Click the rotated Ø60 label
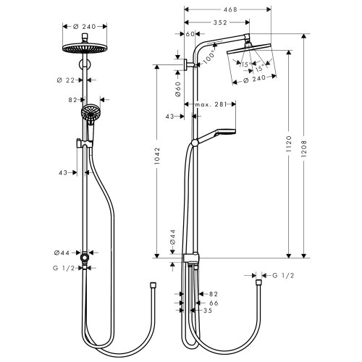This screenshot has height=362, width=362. point(177,90)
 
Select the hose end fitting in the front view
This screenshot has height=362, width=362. point(152,286)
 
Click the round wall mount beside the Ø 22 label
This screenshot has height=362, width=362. point(85,71)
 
